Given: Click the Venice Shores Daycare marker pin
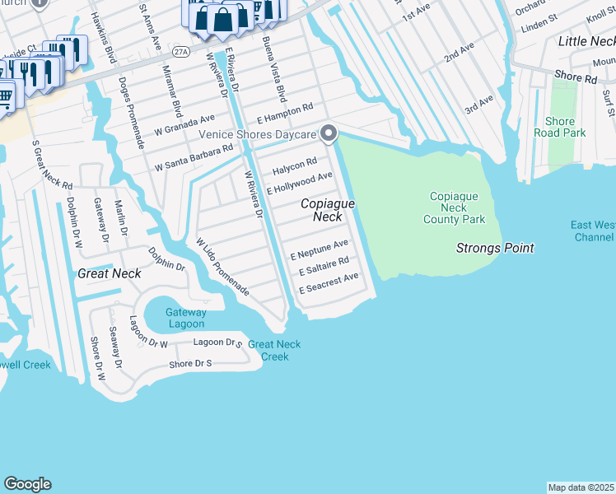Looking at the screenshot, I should coord(329,133).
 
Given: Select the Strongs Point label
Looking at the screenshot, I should coord(495,248).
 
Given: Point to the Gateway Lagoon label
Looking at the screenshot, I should coord(185,318).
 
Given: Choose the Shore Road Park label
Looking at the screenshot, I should coord(559,127).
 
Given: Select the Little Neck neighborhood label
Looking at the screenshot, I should coord(586,41).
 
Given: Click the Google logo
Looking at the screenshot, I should coord(27,484).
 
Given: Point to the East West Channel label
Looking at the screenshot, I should coord(593,231).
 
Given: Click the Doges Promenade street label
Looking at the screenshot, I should coord(132,113).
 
